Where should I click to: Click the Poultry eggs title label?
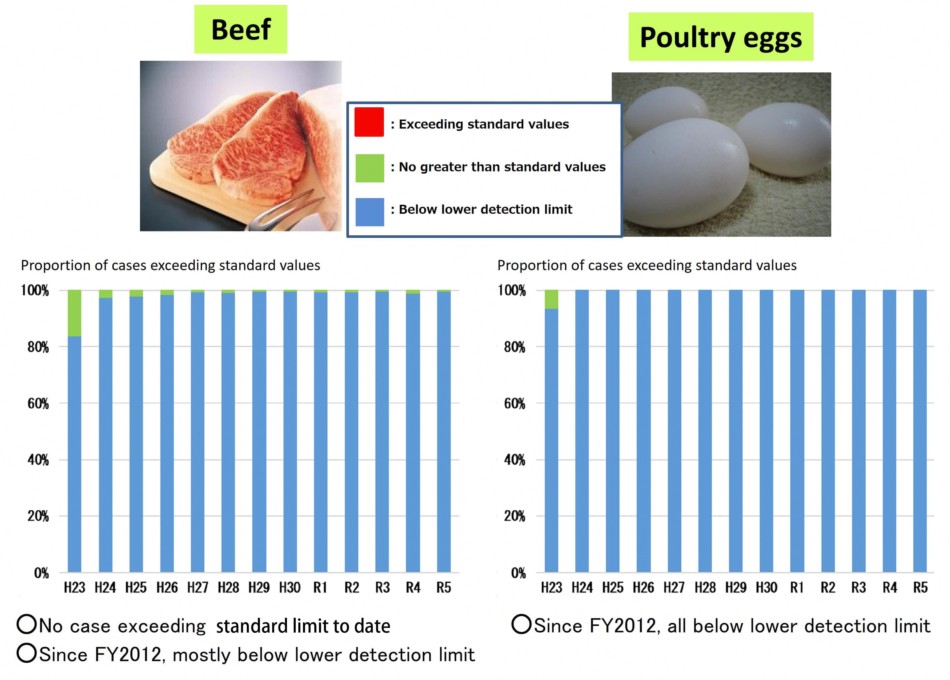tap(720, 37)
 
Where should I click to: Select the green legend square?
tap(369, 168)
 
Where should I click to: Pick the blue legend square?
tap(369, 212)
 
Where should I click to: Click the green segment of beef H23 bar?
tap(75, 313)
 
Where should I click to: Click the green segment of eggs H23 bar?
tap(551, 299)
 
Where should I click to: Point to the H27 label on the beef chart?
tap(198, 588)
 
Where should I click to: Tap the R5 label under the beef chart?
tap(444, 588)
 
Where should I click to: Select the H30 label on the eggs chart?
tap(766, 588)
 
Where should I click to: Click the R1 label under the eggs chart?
tap(797, 588)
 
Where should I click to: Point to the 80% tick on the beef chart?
tap(38, 347)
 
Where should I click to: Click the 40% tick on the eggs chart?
tap(514, 460)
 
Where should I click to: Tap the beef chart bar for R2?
tap(351, 431)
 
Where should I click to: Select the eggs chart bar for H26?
tap(644, 431)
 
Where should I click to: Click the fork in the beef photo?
tap(285, 213)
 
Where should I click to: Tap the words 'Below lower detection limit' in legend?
tap(485, 209)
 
